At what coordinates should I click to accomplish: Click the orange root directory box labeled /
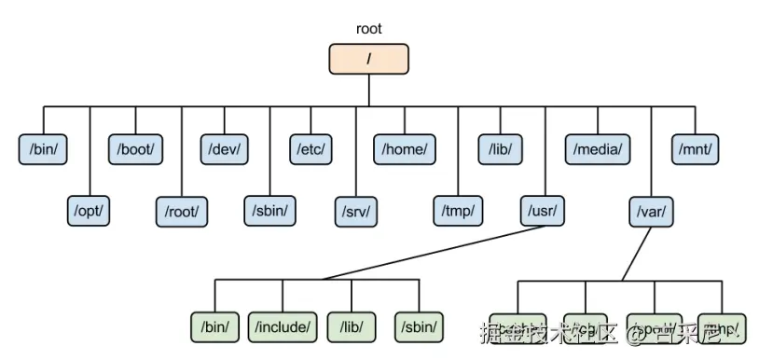coord(369,59)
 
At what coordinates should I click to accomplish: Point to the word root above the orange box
coord(369,29)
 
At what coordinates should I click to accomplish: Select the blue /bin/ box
coord(44,149)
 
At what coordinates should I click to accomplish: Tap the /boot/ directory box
coord(136,149)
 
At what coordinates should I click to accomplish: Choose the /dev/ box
coord(226,149)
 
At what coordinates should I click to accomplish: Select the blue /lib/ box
coord(501,149)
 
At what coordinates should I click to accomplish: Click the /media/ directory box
coord(598,149)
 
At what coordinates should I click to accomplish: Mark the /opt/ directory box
coord(90,212)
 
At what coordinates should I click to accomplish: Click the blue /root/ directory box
coord(182,212)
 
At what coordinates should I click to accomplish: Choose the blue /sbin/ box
coord(270,212)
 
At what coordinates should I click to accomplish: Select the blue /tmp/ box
coord(458,212)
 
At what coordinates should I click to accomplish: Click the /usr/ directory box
coord(544,212)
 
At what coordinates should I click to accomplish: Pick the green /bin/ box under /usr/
coord(215,326)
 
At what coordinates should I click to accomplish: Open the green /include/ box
coord(283,326)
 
